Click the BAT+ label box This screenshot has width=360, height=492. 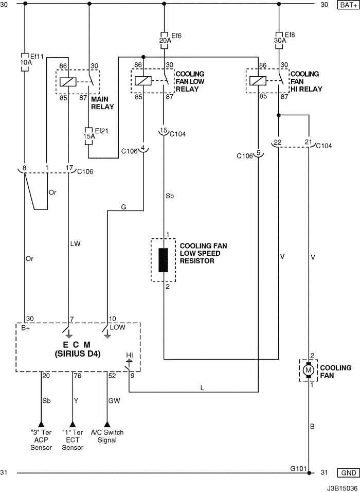pos(348,5)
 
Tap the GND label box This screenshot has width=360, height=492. pos(348,473)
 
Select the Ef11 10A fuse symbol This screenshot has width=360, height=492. pos(25,62)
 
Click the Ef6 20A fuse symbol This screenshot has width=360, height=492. pos(164,40)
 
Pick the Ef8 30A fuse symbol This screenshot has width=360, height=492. pos(279,40)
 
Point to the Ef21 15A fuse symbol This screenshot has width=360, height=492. pos(89,136)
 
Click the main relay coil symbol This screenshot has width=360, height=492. pos(68,82)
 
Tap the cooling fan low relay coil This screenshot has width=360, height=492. pos(143,81)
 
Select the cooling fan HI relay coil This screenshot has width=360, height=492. pos(258,81)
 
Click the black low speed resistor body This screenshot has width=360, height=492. pos(163,260)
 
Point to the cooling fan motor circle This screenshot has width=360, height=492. pos(308,370)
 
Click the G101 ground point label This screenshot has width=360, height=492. pos(298,468)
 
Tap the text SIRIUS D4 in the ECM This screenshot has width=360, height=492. pos(78,354)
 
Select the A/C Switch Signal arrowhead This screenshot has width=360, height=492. pos(107,424)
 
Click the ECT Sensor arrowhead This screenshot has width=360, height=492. pos(73,424)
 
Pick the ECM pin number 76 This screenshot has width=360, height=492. pos(78,376)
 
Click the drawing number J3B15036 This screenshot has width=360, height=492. pos(342,488)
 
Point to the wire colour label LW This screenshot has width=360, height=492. pos(75,243)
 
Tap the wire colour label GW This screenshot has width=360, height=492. pos(114,401)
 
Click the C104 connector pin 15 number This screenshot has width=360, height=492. pos(164,130)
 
